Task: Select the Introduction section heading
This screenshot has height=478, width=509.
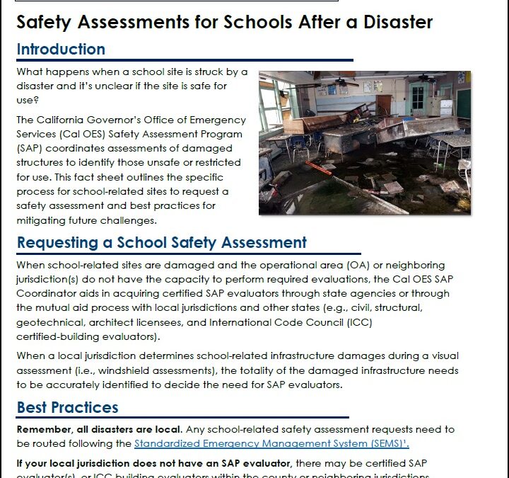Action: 61,50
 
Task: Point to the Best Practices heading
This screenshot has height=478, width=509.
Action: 68,407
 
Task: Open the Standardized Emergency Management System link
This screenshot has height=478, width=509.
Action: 271,443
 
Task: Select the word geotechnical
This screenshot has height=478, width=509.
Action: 47,322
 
